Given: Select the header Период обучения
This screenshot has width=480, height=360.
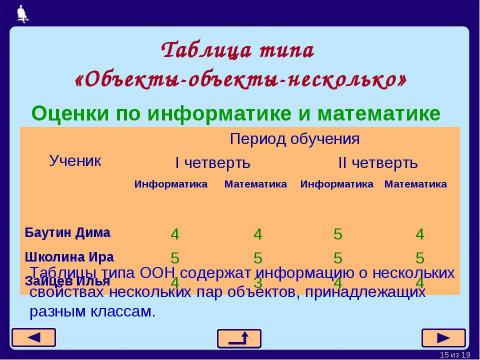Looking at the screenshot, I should pyautogui.click(x=295, y=138).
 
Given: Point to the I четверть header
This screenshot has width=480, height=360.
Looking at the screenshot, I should pyautogui.click(x=213, y=162).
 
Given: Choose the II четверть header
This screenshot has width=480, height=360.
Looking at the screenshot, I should pyautogui.click(x=377, y=162).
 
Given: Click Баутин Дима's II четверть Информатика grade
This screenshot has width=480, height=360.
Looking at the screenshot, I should pyautogui.click(x=338, y=235).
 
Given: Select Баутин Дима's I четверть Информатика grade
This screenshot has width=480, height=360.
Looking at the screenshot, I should pyautogui.click(x=175, y=235).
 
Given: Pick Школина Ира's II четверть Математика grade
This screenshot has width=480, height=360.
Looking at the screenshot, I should pyautogui.click(x=420, y=258).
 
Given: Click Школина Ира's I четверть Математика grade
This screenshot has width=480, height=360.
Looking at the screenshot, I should pyautogui.click(x=257, y=258).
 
